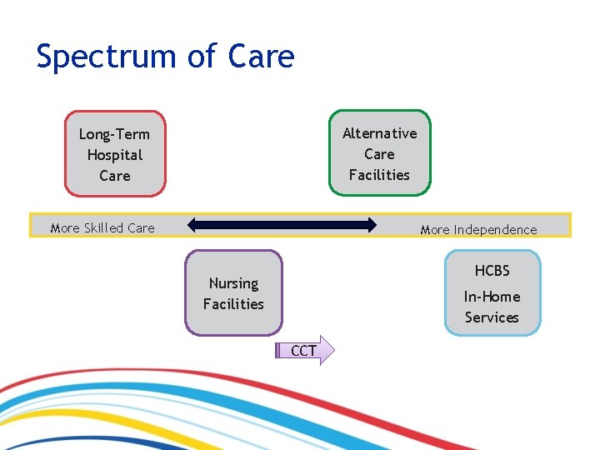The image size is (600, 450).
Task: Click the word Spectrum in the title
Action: [x=103, y=57]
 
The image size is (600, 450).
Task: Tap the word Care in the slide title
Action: [x=260, y=56]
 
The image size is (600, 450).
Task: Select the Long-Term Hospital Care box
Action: [x=115, y=154]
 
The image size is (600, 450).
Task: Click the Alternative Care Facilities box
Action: [x=379, y=153]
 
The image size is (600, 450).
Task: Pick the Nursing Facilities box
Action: [x=233, y=293]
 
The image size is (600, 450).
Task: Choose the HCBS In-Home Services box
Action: [x=492, y=293]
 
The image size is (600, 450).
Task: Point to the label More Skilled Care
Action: [x=102, y=227]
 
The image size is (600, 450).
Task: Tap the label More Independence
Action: [x=478, y=229]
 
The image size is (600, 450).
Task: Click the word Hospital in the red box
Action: [x=115, y=155]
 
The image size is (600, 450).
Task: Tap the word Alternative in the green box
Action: [x=379, y=133]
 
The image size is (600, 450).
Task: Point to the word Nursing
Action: [x=233, y=283]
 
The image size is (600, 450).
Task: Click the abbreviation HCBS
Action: [x=492, y=271]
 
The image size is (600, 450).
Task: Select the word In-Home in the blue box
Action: [x=492, y=297]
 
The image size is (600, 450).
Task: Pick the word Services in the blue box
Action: [x=492, y=317]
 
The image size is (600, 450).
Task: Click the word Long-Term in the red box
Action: [x=115, y=134]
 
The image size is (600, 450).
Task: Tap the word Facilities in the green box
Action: [x=379, y=175]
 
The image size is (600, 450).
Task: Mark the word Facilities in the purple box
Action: [x=233, y=304]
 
